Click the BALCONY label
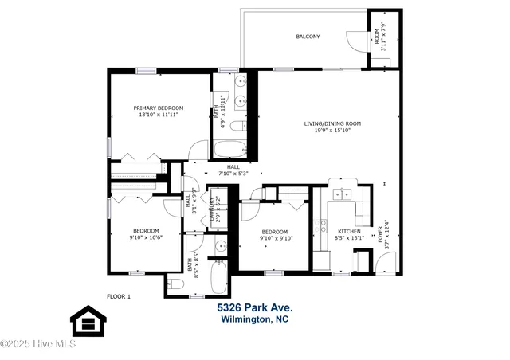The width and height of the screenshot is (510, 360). (308, 37)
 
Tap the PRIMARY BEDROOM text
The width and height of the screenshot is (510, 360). (158, 108)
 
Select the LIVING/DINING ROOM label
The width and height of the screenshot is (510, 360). (332, 123)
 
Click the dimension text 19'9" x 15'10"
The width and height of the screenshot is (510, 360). (332, 132)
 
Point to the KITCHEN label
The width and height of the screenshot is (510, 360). (349, 231)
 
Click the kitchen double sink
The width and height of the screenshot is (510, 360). (343, 194)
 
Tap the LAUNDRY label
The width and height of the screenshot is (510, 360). (212, 209)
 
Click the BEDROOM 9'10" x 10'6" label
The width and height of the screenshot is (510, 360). (146, 232)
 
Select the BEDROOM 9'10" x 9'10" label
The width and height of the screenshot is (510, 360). (276, 233)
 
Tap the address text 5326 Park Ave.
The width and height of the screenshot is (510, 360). (255, 307)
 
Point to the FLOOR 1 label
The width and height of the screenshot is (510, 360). (118, 296)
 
